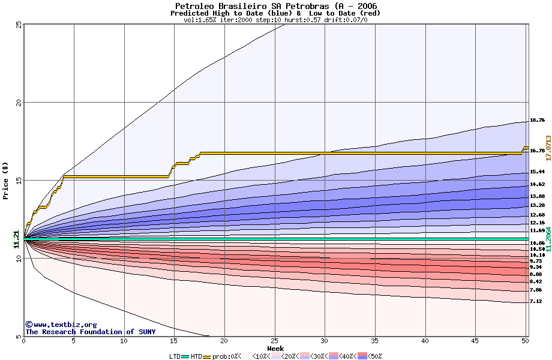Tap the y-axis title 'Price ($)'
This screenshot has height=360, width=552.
[6, 181]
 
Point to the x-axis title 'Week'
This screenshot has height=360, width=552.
[275, 349]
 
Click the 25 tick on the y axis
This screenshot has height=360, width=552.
[19, 24]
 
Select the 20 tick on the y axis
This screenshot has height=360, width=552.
[19, 102]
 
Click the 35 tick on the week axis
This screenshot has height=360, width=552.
[375, 341]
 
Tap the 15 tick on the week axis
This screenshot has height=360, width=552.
[174, 341]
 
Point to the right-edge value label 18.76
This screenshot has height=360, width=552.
[537, 121]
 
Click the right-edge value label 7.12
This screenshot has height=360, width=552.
[537, 302]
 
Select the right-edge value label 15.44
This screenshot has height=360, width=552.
[537, 172]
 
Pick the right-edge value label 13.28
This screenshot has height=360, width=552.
[537, 205]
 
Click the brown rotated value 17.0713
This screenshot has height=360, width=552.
[548, 148]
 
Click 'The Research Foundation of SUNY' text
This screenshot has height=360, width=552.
[90, 332]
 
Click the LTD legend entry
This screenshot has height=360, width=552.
[176, 356]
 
